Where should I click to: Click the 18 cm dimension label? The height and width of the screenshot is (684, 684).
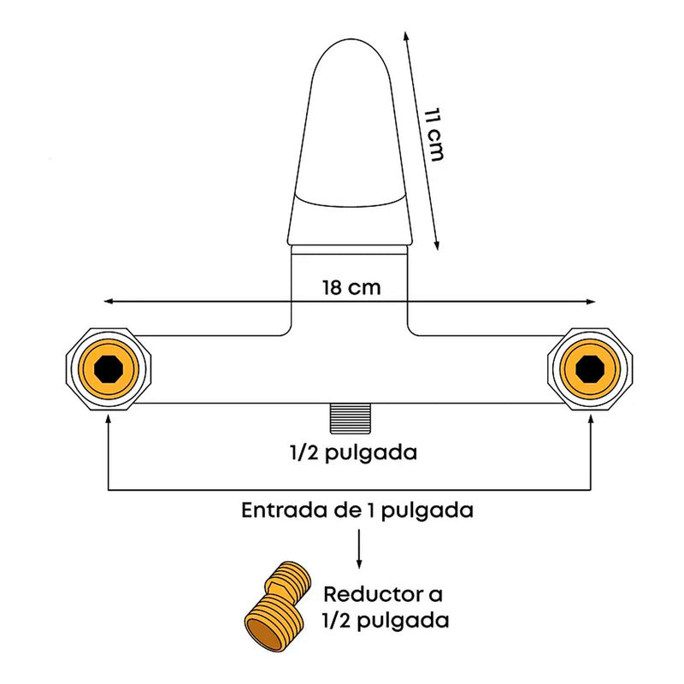[351, 288]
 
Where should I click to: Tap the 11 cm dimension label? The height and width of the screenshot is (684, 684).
[434, 134]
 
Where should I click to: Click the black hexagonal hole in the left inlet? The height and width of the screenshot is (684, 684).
[109, 369]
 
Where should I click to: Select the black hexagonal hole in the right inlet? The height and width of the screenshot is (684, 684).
[590, 369]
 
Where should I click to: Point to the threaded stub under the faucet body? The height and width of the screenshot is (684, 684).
[351, 419]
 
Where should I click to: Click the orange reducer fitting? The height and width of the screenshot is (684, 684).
[277, 606]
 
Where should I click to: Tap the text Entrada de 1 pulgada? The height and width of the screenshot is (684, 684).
[357, 510]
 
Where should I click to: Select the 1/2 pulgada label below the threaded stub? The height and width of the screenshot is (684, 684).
[353, 453]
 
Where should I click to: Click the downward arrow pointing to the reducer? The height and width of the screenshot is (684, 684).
[359, 549]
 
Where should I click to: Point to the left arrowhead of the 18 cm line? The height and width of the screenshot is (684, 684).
[109, 302]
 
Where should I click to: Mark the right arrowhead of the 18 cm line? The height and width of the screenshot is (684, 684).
[590, 302]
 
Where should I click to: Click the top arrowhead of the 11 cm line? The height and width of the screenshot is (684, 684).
[406, 36]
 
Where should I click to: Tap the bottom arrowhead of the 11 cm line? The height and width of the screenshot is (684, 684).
[436, 245]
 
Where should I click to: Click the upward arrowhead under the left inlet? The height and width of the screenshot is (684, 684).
[109, 419]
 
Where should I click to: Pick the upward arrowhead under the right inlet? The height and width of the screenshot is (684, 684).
[591, 419]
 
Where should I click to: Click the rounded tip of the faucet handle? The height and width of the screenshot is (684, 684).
[351, 40]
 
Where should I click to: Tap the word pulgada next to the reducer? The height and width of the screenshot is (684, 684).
[403, 622]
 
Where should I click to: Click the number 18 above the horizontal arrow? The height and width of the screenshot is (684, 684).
[333, 288]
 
